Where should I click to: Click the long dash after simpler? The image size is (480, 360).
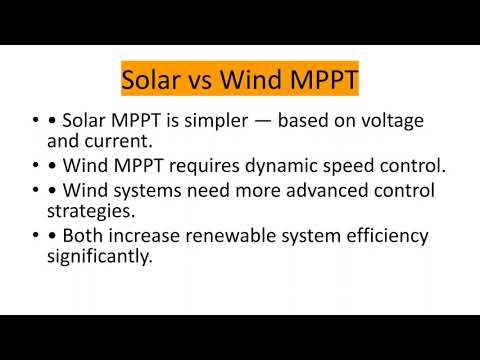pyautogui.click(x=270, y=122)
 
